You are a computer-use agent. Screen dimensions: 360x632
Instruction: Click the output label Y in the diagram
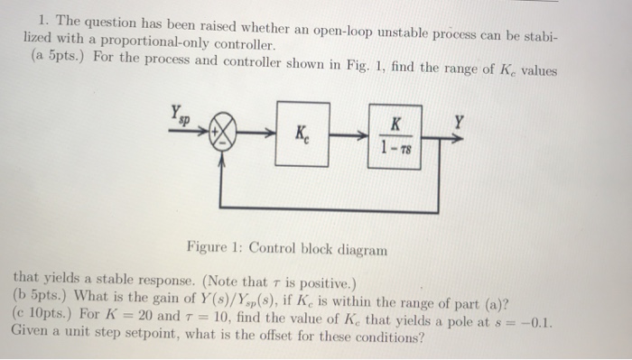[x=460, y=117]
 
